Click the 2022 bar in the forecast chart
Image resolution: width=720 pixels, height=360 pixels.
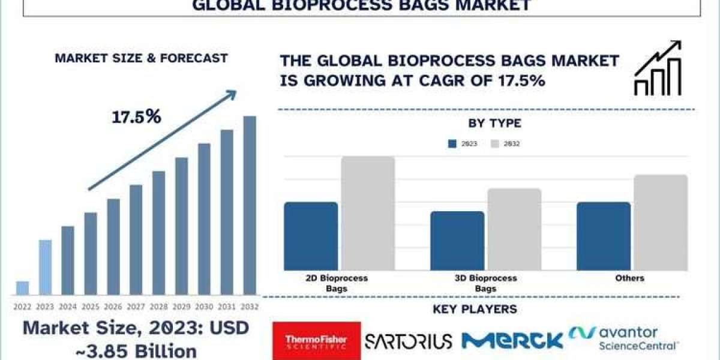pos(23,288)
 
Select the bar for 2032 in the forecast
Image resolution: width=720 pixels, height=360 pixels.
pos(250,206)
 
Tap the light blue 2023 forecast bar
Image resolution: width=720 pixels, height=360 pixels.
pos(46,268)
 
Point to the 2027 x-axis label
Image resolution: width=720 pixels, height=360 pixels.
pos(136,307)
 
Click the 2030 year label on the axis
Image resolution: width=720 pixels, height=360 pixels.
pos(204,307)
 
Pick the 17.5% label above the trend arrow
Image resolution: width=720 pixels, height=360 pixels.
pos(136,116)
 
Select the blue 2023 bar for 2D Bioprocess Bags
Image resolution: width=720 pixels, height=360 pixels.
pos(311,236)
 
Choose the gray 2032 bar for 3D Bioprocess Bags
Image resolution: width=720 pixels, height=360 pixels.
pos(514,229)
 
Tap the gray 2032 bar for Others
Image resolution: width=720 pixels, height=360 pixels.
pos(661,223)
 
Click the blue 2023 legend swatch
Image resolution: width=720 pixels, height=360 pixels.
pos(452,143)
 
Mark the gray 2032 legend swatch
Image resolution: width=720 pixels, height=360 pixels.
pos(495,143)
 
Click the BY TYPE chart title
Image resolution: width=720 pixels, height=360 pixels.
pos(494,123)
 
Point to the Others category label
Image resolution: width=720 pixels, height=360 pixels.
pos(629,278)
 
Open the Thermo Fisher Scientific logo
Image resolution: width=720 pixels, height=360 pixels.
pos(317,341)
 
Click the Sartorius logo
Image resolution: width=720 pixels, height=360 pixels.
pos(409,341)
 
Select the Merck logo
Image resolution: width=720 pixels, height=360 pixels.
pos(512,341)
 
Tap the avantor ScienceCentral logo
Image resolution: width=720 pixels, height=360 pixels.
pos(623,338)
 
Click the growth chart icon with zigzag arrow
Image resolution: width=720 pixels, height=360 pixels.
pos(658,68)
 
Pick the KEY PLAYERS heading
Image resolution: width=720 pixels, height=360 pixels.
pos(475,309)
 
